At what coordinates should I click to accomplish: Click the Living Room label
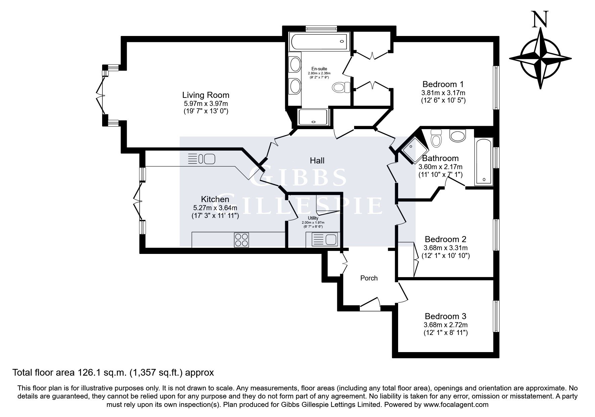pos(206,95)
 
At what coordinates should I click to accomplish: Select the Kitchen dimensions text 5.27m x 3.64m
pos(215,208)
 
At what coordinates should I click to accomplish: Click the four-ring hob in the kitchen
pos(242,240)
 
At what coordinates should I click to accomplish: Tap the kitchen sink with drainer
pos(202,158)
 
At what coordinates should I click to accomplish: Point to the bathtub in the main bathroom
pos(483,161)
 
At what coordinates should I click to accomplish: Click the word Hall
pos(317,161)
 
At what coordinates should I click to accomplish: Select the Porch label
pos(369,278)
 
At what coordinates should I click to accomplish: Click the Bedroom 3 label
pos(445,316)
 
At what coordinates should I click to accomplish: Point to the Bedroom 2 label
pos(445,239)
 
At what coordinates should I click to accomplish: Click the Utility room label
pos(313,218)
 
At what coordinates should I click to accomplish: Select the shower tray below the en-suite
pos(313,117)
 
